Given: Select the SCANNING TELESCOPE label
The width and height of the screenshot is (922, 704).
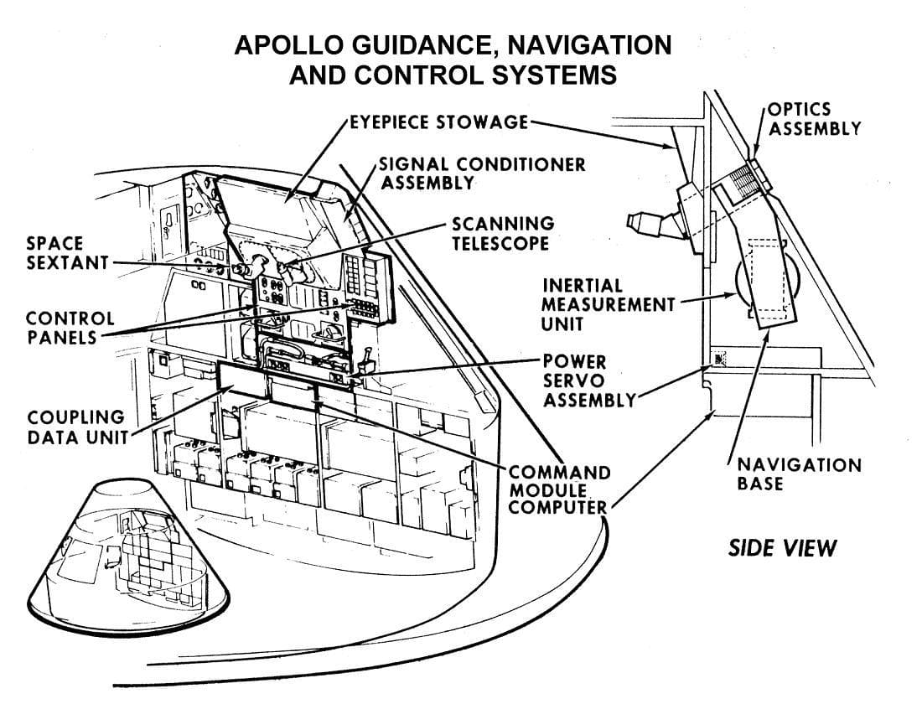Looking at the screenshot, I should pos(502,233).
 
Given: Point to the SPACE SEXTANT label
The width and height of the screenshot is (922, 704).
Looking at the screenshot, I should pos(56,252).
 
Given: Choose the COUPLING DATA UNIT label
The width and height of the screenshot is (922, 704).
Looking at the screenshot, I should pos(75,426).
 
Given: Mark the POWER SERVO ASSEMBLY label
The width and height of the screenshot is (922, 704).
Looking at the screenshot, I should pos(587,380).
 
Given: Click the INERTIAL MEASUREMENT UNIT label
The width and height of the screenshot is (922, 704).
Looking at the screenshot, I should pos(607,305).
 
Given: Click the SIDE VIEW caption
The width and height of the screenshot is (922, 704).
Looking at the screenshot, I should pos(781,548).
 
